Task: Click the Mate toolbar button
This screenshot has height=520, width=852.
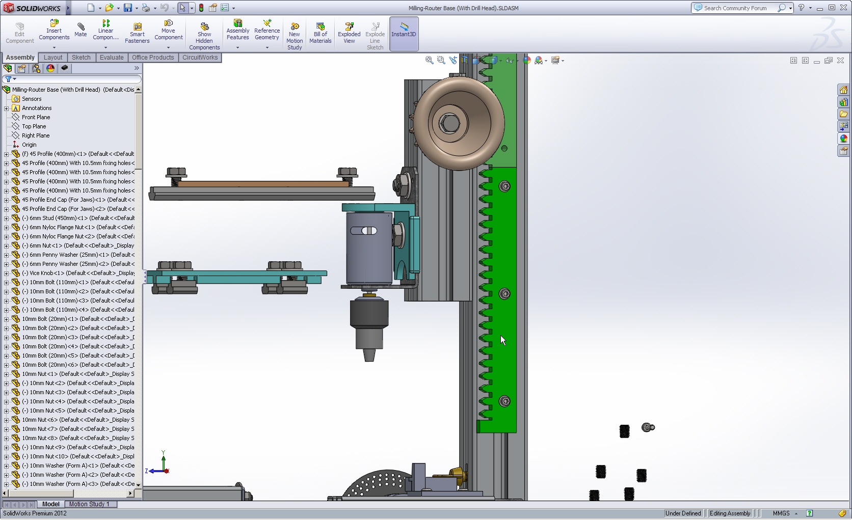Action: point(81,30)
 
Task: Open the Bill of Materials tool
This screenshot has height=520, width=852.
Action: point(320,33)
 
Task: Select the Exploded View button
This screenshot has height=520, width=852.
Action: point(349,33)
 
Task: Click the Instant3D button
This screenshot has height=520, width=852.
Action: point(404,31)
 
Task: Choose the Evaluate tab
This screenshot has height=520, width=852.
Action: point(112,58)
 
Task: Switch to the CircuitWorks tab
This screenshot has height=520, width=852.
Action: point(200,58)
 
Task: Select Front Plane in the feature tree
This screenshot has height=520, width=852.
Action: point(36,117)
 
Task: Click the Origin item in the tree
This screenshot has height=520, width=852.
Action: point(29,145)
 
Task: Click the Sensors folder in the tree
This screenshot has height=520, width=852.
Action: point(32,99)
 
